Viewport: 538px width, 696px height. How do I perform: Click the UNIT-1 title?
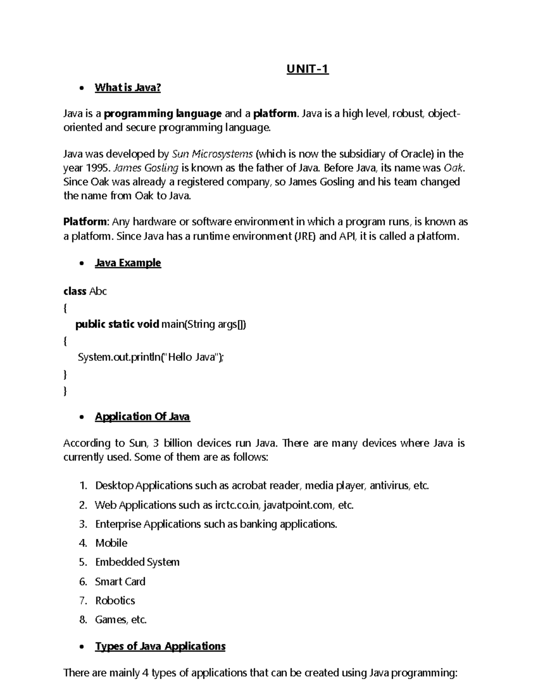[x=308, y=69]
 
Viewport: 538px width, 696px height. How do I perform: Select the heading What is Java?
[x=127, y=87]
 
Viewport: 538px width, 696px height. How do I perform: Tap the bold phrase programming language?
[x=163, y=114]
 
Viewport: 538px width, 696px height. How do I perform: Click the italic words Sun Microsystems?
[x=213, y=154]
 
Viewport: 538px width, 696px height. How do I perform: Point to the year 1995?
[x=97, y=168]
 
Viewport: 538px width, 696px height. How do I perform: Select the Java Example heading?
[x=127, y=263]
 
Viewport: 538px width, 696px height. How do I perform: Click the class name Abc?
[x=98, y=291]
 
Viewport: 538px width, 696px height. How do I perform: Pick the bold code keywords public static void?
[x=117, y=324]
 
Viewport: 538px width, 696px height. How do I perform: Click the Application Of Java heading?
[x=142, y=417]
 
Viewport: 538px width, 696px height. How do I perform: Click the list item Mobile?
[x=111, y=543]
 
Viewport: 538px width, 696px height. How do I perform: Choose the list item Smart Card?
[x=120, y=581]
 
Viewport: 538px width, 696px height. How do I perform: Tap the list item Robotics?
[x=115, y=601]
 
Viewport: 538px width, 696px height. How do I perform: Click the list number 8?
[x=82, y=620]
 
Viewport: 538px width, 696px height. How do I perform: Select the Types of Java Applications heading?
[x=160, y=646]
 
